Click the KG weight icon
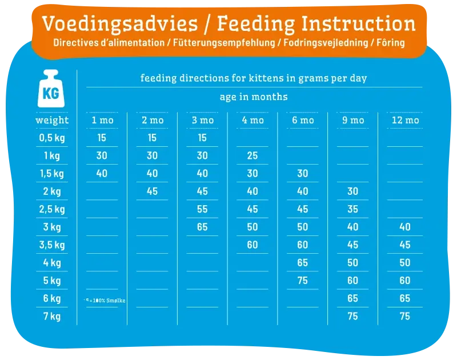click(x=51, y=90)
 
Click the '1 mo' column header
click(x=102, y=120)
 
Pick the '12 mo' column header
click(x=405, y=120)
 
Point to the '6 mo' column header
click(x=303, y=120)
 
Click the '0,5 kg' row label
click(x=52, y=138)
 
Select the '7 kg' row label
click(x=52, y=316)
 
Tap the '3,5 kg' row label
click(x=52, y=245)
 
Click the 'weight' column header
click(x=52, y=120)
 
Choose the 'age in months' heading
click(x=254, y=97)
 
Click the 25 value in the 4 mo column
click(x=252, y=155)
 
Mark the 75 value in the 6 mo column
click(x=303, y=280)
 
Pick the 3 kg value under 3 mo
click(x=202, y=227)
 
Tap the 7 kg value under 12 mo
click(x=405, y=316)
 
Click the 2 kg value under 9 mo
click(x=353, y=191)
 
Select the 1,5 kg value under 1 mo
click(x=102, y=173)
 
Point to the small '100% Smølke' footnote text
click(x=106, y=301)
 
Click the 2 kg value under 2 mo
click(x=152, y=191)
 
